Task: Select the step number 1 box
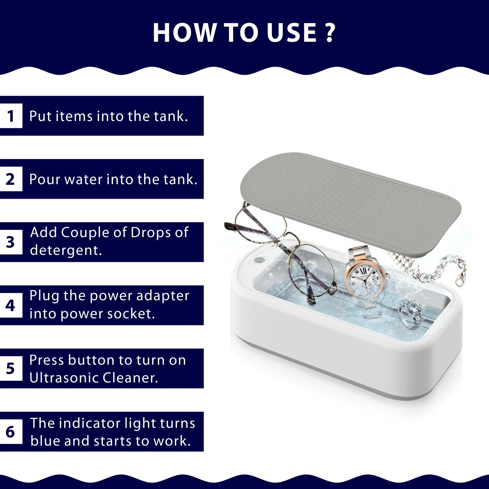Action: pyautogui.click(x=11, y=116)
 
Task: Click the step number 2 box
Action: pyautogui.click(x=11, y=179)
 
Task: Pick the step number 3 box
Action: pyautogui.click(x=11, y=242)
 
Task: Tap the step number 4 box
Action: pyautogui.click(x=11, y=305)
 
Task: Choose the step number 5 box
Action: pyautogui.click(x=11, y=368)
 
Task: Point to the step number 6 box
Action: pyautogui.click(x=11, y=431)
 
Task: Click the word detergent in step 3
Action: pyautogui.click(x=66, y=251)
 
